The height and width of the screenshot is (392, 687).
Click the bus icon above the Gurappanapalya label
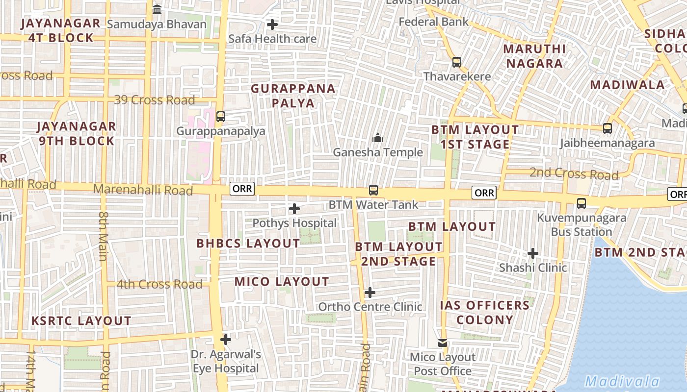(x=221, y=116)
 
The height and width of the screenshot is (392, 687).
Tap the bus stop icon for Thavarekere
(x=457, y=62)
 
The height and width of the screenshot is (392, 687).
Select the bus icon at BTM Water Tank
(x=373, y=190)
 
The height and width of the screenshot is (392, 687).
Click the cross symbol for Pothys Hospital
(x=294, y=209)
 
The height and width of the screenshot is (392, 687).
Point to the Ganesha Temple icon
(x=377, y=138)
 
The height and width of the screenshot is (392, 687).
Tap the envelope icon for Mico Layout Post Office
(x=443, y=343)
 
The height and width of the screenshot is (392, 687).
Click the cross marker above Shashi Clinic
(x=533, y=253)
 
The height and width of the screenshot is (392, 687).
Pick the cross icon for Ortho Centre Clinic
(x=370, y=293)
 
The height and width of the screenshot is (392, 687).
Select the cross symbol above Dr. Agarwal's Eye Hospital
(x=226, y=339)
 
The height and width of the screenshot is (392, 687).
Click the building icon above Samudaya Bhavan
(x=157, y=9)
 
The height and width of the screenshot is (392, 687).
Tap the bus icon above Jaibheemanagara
(x=608, y=128)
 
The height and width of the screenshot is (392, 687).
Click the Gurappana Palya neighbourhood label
(x=293, y=96)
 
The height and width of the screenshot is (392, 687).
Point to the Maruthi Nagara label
(x=534, y=56)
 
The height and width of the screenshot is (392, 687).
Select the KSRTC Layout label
(x=81, y=321)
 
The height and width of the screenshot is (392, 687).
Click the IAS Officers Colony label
(x=485, y=313)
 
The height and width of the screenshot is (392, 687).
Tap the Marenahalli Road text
(x=143, y=190)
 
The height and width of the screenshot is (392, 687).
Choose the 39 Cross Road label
(x=155, y=100)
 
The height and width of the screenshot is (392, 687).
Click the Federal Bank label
(x=434, y=22)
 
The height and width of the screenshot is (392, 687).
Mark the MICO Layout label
(x=282, y=282)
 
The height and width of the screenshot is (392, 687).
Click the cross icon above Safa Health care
(x=272, y=24)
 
